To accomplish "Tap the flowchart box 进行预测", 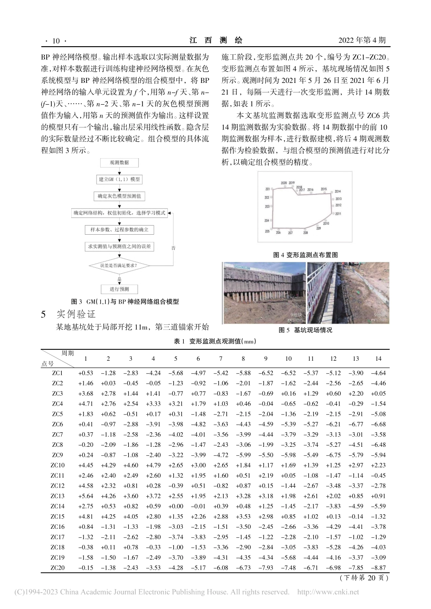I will point(119,289).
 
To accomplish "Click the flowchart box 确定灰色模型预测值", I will point(119,196).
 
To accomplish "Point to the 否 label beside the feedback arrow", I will point(173,248).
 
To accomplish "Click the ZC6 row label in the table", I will point(58,424).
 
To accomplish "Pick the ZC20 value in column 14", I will point(378,568).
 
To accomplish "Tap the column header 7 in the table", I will point(220,359).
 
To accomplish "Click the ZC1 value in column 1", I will point(86,373).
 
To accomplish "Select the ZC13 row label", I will point(58,496).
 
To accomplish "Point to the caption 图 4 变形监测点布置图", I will point(305,255).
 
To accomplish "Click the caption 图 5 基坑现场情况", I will point(305,330).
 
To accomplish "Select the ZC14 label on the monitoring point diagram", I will point(338,192).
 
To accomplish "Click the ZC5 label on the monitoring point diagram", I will point(267,231).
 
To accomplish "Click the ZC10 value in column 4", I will point(153,465).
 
